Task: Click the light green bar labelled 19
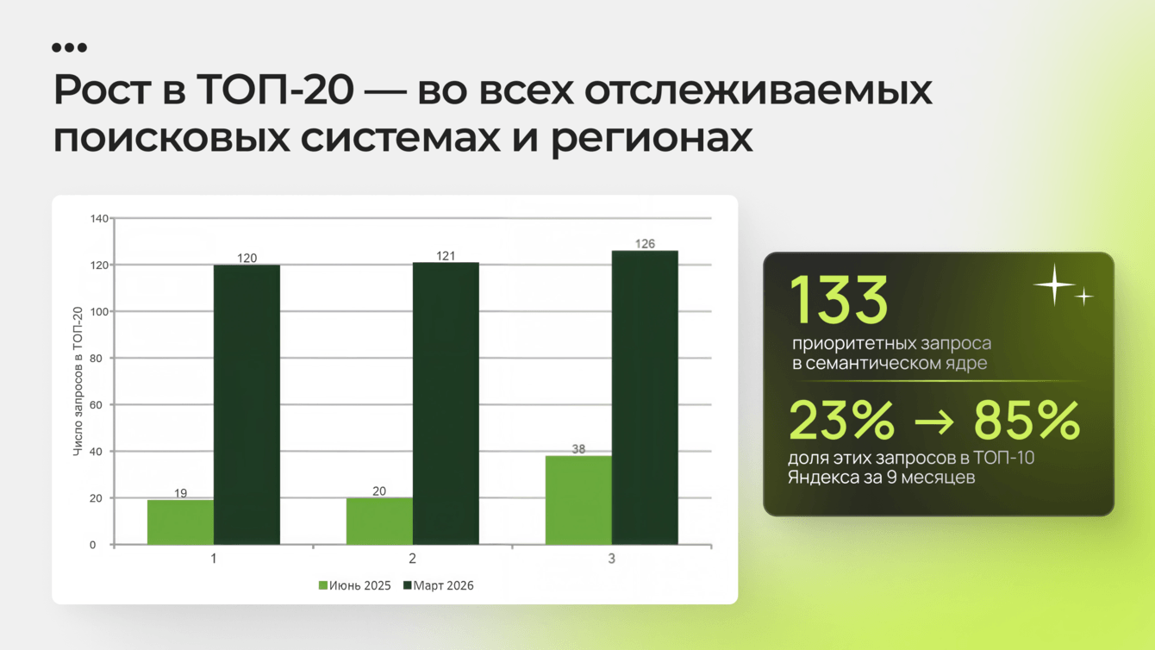tap(180, 522)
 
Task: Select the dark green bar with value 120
tap(247, 405)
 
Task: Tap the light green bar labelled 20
tap(379, 521)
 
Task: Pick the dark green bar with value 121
tap(446, 404)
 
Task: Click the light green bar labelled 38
tap(578, 500)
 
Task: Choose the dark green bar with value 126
tap(645, 397)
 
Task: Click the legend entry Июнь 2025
tap(355, 585)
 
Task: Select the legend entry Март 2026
tap(438, 585)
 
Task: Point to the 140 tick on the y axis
tap(99, 219)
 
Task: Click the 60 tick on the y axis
tap(96, 405)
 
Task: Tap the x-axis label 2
tap(413, 558)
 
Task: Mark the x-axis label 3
tap(611, 558)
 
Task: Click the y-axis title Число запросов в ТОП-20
tap(78, 381)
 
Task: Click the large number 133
tap(840, 299)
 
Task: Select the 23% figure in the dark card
tap(841, 421)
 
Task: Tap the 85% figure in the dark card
tap(1027, 421)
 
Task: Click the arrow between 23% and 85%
tap(933, 422)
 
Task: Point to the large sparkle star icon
tap(1054, 284)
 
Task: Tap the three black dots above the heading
tap(70, 48)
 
